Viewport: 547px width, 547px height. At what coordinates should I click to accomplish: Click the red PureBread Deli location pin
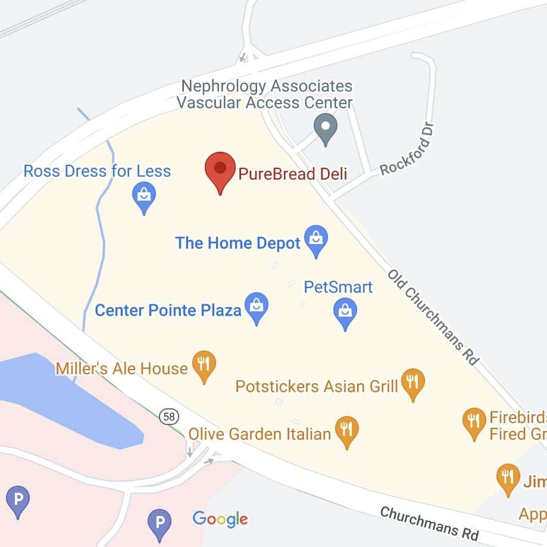(x=220, y=169)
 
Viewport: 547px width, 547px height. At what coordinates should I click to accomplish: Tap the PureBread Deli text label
(x=292, y=174)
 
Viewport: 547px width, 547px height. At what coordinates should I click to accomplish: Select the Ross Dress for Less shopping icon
(x=144, y=196)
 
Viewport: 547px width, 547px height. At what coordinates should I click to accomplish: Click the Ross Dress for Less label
(x=97, y=171)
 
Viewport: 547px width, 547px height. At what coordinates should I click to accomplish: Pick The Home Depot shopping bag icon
(x=316, y=239)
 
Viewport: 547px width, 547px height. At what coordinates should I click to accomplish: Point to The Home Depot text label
(x=237, y=243)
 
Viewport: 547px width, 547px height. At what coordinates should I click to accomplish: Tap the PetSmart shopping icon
(x=345, y=311)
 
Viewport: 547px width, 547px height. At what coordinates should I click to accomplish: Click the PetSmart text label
(x=337, y=287)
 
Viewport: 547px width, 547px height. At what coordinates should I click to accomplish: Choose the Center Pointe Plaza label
(x=168, y=310)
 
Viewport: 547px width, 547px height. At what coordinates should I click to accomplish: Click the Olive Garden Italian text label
(x=260, y=433)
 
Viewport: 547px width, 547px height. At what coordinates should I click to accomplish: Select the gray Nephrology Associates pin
(x=326, y=128)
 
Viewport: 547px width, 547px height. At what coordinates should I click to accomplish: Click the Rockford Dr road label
(x=408, y=149)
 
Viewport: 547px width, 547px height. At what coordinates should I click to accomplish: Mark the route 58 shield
(x=169, y=417)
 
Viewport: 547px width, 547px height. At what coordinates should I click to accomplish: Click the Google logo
(x=220, y=519)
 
